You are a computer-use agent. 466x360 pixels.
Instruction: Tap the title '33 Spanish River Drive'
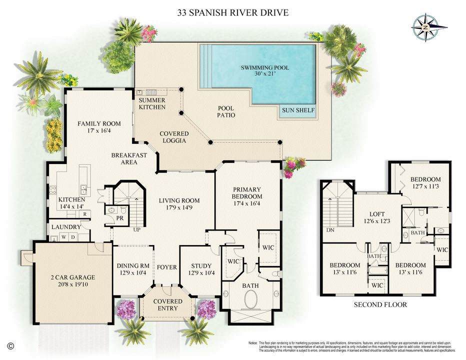(x=233, y=12)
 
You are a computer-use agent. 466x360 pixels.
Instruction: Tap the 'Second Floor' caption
(x=380, y=304)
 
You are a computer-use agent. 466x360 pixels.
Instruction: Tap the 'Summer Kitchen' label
(x=152, y=103)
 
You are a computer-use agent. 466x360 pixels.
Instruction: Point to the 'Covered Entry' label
(x=167, y=305)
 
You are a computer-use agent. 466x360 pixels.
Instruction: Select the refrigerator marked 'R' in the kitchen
(x=85, y=213)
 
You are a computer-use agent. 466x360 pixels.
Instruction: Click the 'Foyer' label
(x=167, y=267)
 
